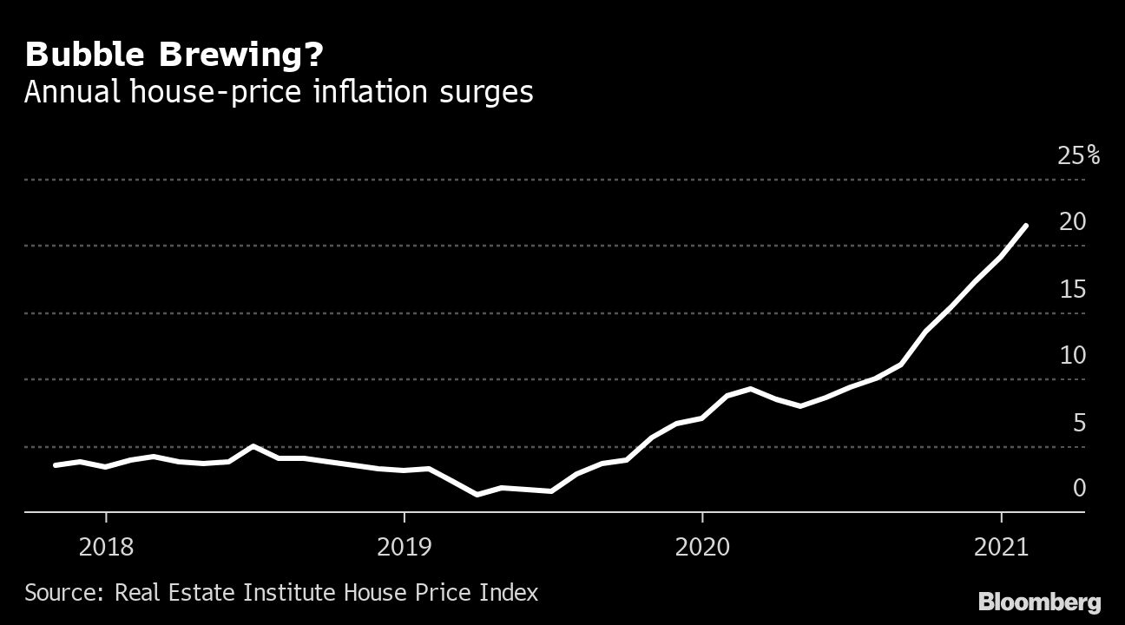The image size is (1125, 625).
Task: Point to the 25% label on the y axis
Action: click(1078, 156)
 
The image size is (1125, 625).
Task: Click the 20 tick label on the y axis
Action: click(1073, 222)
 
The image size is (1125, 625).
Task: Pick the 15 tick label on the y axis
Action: click(1073, 289)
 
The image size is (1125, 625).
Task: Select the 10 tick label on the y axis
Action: click(1073, 356)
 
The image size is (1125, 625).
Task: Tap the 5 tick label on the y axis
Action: click(1079, 423)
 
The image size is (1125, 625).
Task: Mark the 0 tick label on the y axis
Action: click(1079, 489)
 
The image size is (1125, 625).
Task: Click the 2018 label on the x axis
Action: click(106, 548)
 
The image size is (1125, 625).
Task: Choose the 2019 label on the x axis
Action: click(404, 548)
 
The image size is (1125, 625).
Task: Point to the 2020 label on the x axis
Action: click(702, 548)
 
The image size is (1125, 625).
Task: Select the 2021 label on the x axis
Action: click(1001, 548)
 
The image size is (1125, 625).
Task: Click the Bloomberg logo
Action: click(1039, 602)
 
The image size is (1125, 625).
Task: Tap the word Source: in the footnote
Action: click(65, 593)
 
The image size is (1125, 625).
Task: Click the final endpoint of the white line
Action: click(1027, 226)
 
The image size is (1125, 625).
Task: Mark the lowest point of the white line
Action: click(477, 495)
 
